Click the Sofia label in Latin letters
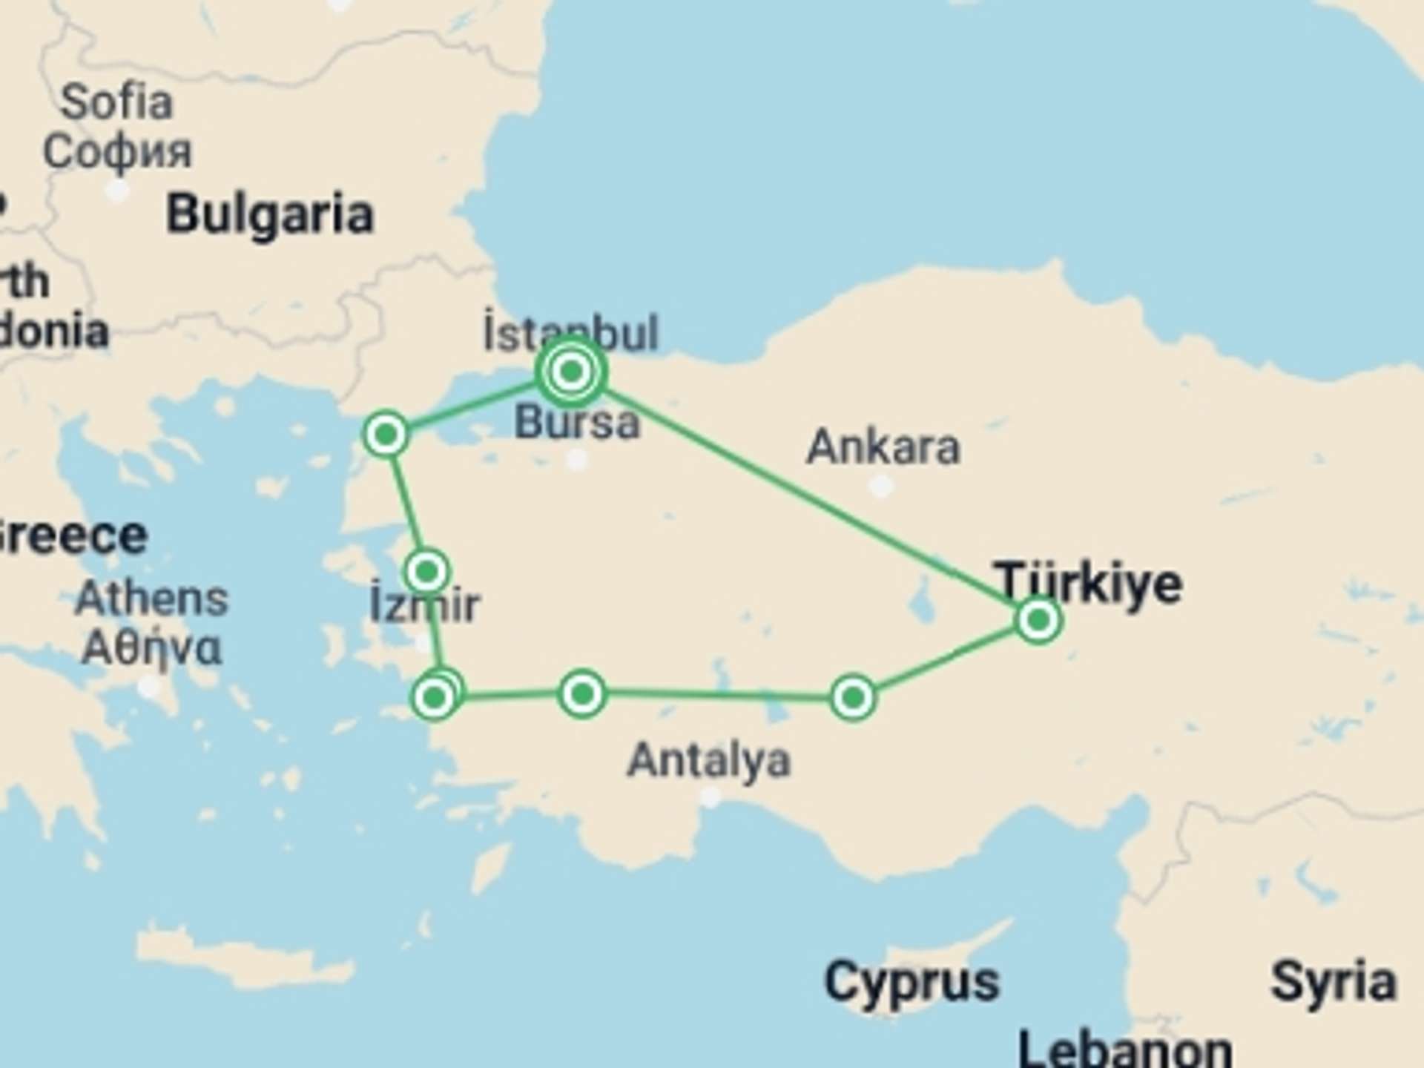click(x=116, y=102)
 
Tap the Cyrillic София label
click(x=117, y=151)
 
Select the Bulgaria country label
click(x=270, y=214)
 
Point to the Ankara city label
click(x=883, y=447)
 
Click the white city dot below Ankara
click(x=881, y=487)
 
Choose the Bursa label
click(x=577, y=423)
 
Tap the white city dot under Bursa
click(x=577, y=461)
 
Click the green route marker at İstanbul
click(x=571, y=371)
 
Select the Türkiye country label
click(x=1088, y=583)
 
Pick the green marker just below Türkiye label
click(x=1038, y=619)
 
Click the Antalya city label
click(x=709, y=760)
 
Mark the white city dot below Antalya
click(x=711, y=797)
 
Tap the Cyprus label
click(x=912, y=981)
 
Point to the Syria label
click(x=1334, y=981)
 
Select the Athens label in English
click(x=151, y=598)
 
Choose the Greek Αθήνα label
click(x=151, y=647)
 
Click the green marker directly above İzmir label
click(x=427, y=571)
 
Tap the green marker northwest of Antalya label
click(x=582, y=693)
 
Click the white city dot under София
click(x=116, y=190)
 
